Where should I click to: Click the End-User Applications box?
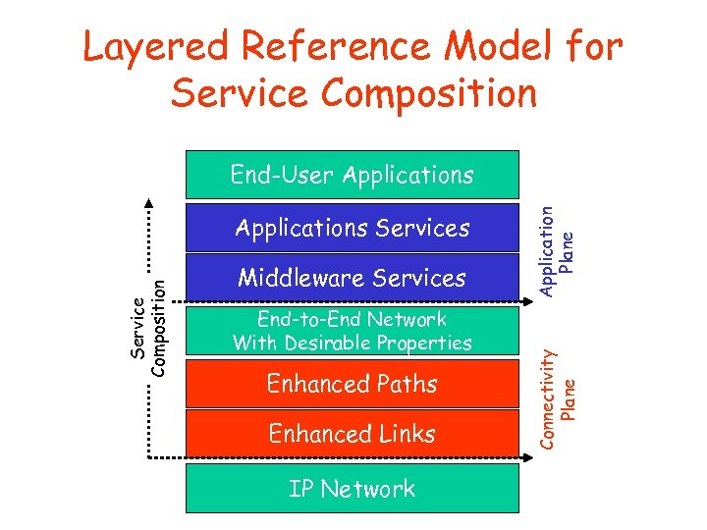352,176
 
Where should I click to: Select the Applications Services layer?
352,228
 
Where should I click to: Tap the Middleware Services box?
352,279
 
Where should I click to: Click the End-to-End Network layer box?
352,331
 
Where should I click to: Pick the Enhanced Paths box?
352,384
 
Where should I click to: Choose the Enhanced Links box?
352,434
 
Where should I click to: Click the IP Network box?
352,489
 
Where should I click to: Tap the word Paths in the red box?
405,384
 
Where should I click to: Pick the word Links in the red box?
403,434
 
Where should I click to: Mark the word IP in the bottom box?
300,489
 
